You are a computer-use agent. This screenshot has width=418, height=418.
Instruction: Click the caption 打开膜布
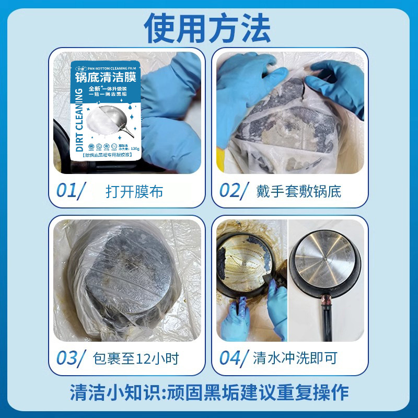pos(134,191)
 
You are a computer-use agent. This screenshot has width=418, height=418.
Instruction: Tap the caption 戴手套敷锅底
pos(298,191)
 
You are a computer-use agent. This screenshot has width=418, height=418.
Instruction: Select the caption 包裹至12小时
pos(135,359)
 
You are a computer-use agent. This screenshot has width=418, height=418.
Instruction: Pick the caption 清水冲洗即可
pos(295,359)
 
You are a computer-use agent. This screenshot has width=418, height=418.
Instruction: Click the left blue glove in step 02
pos(246,97)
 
